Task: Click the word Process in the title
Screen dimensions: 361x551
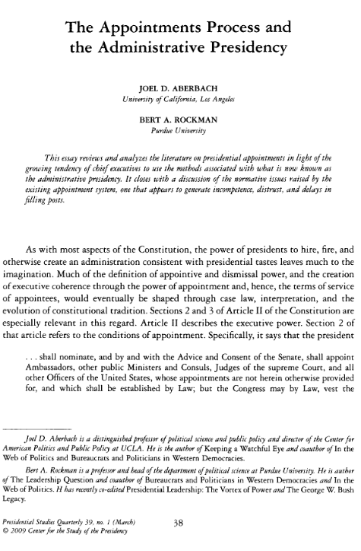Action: click(218, 30)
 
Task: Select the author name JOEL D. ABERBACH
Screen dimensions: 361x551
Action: click(179, 87)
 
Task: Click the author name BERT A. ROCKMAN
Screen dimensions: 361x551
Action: click(179, 121)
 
